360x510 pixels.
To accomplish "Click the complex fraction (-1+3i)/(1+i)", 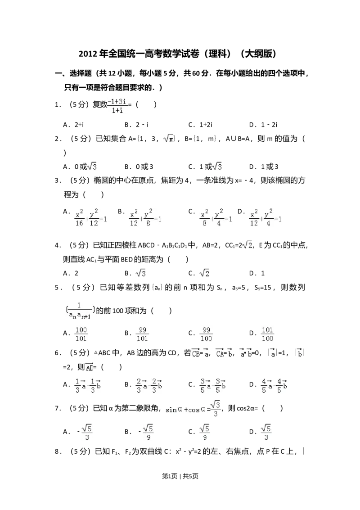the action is coord(117,105).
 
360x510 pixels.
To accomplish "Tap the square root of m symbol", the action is coord(169,139).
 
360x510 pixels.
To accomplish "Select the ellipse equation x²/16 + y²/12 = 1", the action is coord(90,218).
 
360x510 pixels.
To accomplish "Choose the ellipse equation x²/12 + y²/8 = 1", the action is coord(144,218).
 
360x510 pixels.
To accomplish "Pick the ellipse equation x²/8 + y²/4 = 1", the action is coord(216,218).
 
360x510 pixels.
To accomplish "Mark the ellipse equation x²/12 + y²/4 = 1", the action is coord(266,218).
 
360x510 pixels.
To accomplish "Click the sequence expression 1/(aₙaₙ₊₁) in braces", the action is coord(79,310).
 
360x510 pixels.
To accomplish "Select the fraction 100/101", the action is coord(81,335).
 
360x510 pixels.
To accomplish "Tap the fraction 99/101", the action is coord(142,335).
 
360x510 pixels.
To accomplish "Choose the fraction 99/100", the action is coord(207,335).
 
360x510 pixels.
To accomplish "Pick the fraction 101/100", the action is coord(268,335).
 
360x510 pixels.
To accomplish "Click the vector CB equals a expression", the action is coord(200,353).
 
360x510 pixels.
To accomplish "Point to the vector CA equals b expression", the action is coord(223,353).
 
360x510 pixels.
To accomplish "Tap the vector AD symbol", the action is coord(88,367).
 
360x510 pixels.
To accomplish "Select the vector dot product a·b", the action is coord(245,353).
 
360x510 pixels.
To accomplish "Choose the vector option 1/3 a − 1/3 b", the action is coord(86,385).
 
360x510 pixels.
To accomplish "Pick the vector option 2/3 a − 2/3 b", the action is coord(148,385).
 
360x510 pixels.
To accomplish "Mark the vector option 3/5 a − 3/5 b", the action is coord(212,385).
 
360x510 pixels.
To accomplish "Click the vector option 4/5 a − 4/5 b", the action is coord(274,385).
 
